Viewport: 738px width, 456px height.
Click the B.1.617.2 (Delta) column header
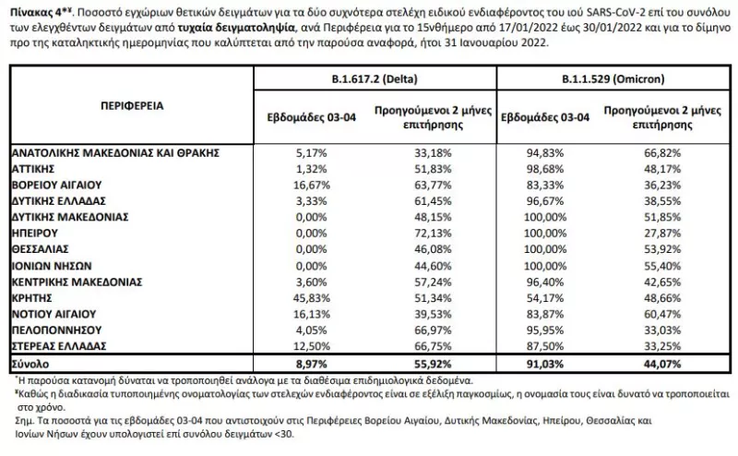pyautogui.click(x=373, y=80)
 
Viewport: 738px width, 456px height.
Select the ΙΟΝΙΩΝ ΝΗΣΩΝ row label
pyautogui.click(x=52, y=264)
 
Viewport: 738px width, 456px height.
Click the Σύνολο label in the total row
pyautogui.click(x=30, y=363)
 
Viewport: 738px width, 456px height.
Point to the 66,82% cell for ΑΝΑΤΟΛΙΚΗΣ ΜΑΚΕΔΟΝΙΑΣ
pyautogui.click(x=660, y=152)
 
